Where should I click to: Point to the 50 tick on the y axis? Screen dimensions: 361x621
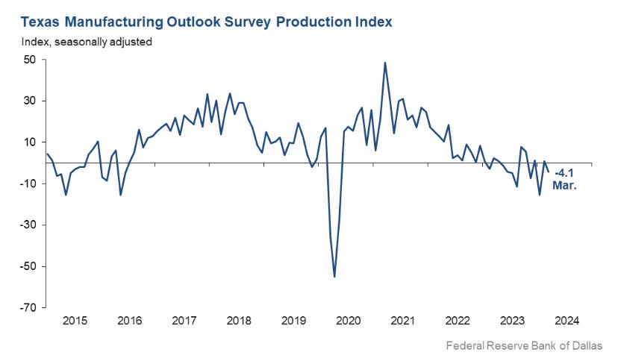(29, 60)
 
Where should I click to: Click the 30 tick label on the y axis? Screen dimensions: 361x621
(29, 101)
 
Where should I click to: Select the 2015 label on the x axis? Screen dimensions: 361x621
(75, 321)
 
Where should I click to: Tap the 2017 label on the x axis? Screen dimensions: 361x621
(184, 321)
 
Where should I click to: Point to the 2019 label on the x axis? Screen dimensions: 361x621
(293, 321)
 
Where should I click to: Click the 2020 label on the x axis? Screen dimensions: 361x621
(348, 321)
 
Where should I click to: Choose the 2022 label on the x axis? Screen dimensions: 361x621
(458, 321)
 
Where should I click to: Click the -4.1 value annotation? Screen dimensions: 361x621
(565, 173)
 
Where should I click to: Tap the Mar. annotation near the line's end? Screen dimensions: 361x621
(564, 185)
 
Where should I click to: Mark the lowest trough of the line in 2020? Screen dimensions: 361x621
(334, 277)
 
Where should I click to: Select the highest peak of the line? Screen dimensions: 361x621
(384, 63)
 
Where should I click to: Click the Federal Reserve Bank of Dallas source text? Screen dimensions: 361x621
(523, 346)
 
